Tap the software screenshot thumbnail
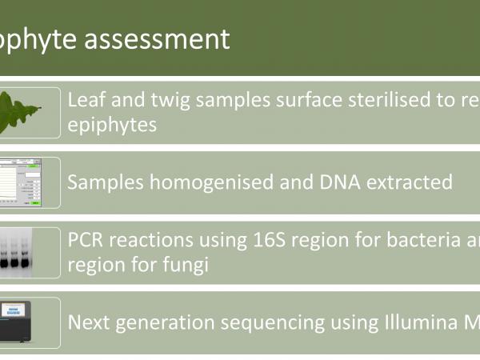click(30, 182)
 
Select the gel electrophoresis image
click(30, 252)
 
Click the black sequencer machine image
click(30, 321)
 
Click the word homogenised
click(226, 182)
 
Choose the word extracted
click(411, 182)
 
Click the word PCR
click(86, 239)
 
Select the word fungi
click(186, 265)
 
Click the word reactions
click(152, 239)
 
